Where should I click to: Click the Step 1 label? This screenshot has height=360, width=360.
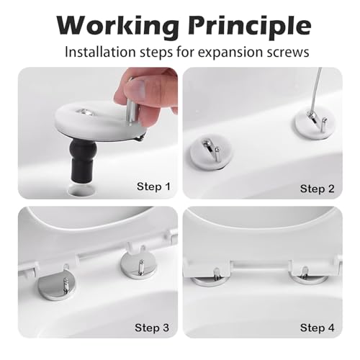[153, 186]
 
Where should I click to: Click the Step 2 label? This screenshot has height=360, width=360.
[317, 189]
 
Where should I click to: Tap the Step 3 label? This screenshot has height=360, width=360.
[153, 328]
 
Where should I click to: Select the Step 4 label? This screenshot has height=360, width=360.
[317, 328]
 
